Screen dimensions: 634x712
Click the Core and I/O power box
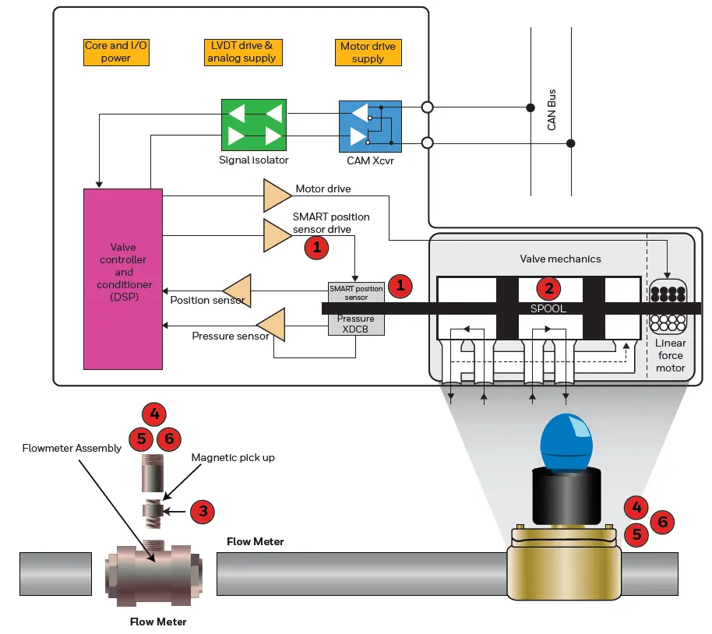tap(116, 51)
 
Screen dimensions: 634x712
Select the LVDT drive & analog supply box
tap(241, 51)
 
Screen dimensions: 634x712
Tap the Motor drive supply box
tap(368, 52)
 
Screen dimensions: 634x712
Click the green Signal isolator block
tap(254, 125)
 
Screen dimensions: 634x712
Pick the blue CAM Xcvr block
tap(369, 126)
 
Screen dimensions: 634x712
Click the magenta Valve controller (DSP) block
tap(123, 278)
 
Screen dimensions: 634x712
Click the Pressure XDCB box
tap(355, 324)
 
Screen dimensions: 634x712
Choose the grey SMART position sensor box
tap(355, 293)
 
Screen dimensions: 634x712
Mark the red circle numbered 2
tap(550, 288)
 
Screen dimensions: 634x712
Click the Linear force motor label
tap(669, 355)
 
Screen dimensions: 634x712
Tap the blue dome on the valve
tap(566, 441)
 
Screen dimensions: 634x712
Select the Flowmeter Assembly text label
tap(72, 448)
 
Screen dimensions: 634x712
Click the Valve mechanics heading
tap(560, 259)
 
